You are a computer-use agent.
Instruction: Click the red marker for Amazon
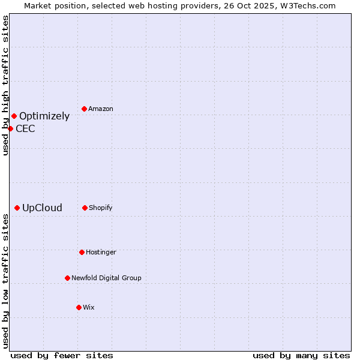pos(85,109)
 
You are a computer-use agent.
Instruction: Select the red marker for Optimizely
pos(14,116)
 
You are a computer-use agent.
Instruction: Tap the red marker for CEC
pos(10,128)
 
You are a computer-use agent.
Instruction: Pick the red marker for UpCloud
pos(17,208)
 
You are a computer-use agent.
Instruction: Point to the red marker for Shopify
pos(85,208)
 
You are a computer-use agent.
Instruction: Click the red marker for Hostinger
pos(82,252)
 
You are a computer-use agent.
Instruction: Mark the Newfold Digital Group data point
pos(67,278)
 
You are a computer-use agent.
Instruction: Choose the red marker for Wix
pos(79,307)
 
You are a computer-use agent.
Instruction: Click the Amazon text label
pos(101,109)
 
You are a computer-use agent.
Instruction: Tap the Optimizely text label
pos(44,116)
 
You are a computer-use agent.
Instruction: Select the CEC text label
pos(25,128)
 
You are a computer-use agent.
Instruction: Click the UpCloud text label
pos(42,208)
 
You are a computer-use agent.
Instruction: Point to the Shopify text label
pos(101,208)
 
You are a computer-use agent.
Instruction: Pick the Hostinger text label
pos(101,252)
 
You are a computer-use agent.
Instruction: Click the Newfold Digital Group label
pos(106,278)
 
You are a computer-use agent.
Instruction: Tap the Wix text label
pos(89,307)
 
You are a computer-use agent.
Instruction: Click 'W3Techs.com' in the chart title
pos(309,5)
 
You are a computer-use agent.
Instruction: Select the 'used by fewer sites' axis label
pos(62,355)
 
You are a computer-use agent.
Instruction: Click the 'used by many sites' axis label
pos(301,355)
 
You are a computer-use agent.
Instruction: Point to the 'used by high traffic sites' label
pos(5,86)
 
